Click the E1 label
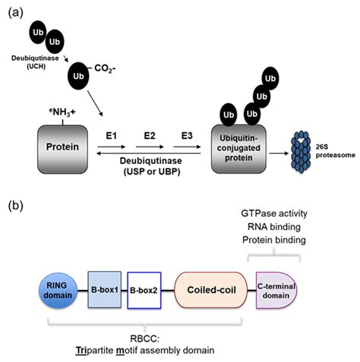click(x=112, y=134)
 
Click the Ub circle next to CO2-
click(x=78, y=76)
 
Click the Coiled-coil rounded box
click(x=205, y=289)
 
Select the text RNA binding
click(x=274, y=228)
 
